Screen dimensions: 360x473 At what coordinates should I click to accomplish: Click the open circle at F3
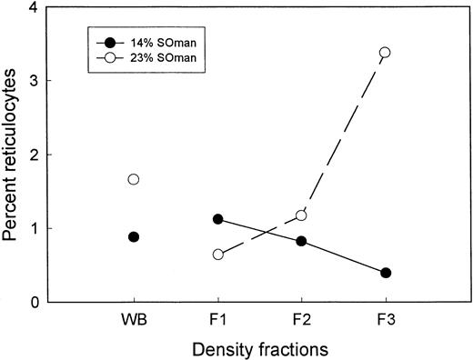pyautogui.click(x=385, y=53)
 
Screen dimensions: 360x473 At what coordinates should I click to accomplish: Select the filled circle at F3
pyautogui.click(x=385, y=273)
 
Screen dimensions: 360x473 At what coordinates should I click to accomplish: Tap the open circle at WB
pyautogui.click(x=134, y=179)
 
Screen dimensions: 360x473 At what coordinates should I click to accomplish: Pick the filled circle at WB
pyautogui.click(x=134, y=236)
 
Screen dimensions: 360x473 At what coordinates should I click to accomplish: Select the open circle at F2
pyautogui.click(x=301, y=215)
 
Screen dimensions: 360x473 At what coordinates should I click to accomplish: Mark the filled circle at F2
pyautogui.click(x=301, y=241)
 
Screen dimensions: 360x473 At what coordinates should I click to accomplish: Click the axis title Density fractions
pyautogui.click(x=259, y=347)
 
